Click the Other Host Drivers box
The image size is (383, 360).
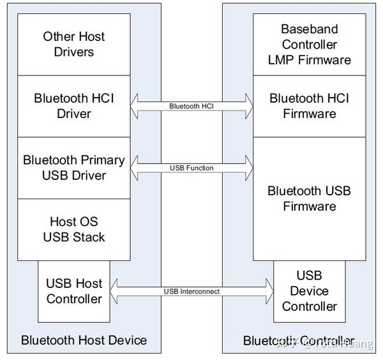(73, 44)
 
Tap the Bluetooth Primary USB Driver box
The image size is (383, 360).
(73, 167)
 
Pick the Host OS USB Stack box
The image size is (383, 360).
(73, 229)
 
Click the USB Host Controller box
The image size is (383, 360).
(73, 290)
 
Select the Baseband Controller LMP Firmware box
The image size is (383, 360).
(310, 44)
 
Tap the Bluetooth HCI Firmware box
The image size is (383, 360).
(310, 106)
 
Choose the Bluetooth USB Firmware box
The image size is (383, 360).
(310, 198)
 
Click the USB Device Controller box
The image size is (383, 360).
(310, 290)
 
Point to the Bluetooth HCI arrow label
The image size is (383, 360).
(191, 106)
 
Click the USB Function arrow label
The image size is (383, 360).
(191, 168)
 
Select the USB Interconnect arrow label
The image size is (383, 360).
(191, 292)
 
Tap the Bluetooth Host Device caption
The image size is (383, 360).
(84, 340)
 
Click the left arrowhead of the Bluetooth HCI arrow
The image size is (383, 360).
(135, 106)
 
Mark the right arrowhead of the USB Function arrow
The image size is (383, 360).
(248, 168)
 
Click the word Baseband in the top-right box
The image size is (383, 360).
(310, 29)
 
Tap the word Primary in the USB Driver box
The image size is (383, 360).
(102, 160)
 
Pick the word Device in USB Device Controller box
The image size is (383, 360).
(310, 291)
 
